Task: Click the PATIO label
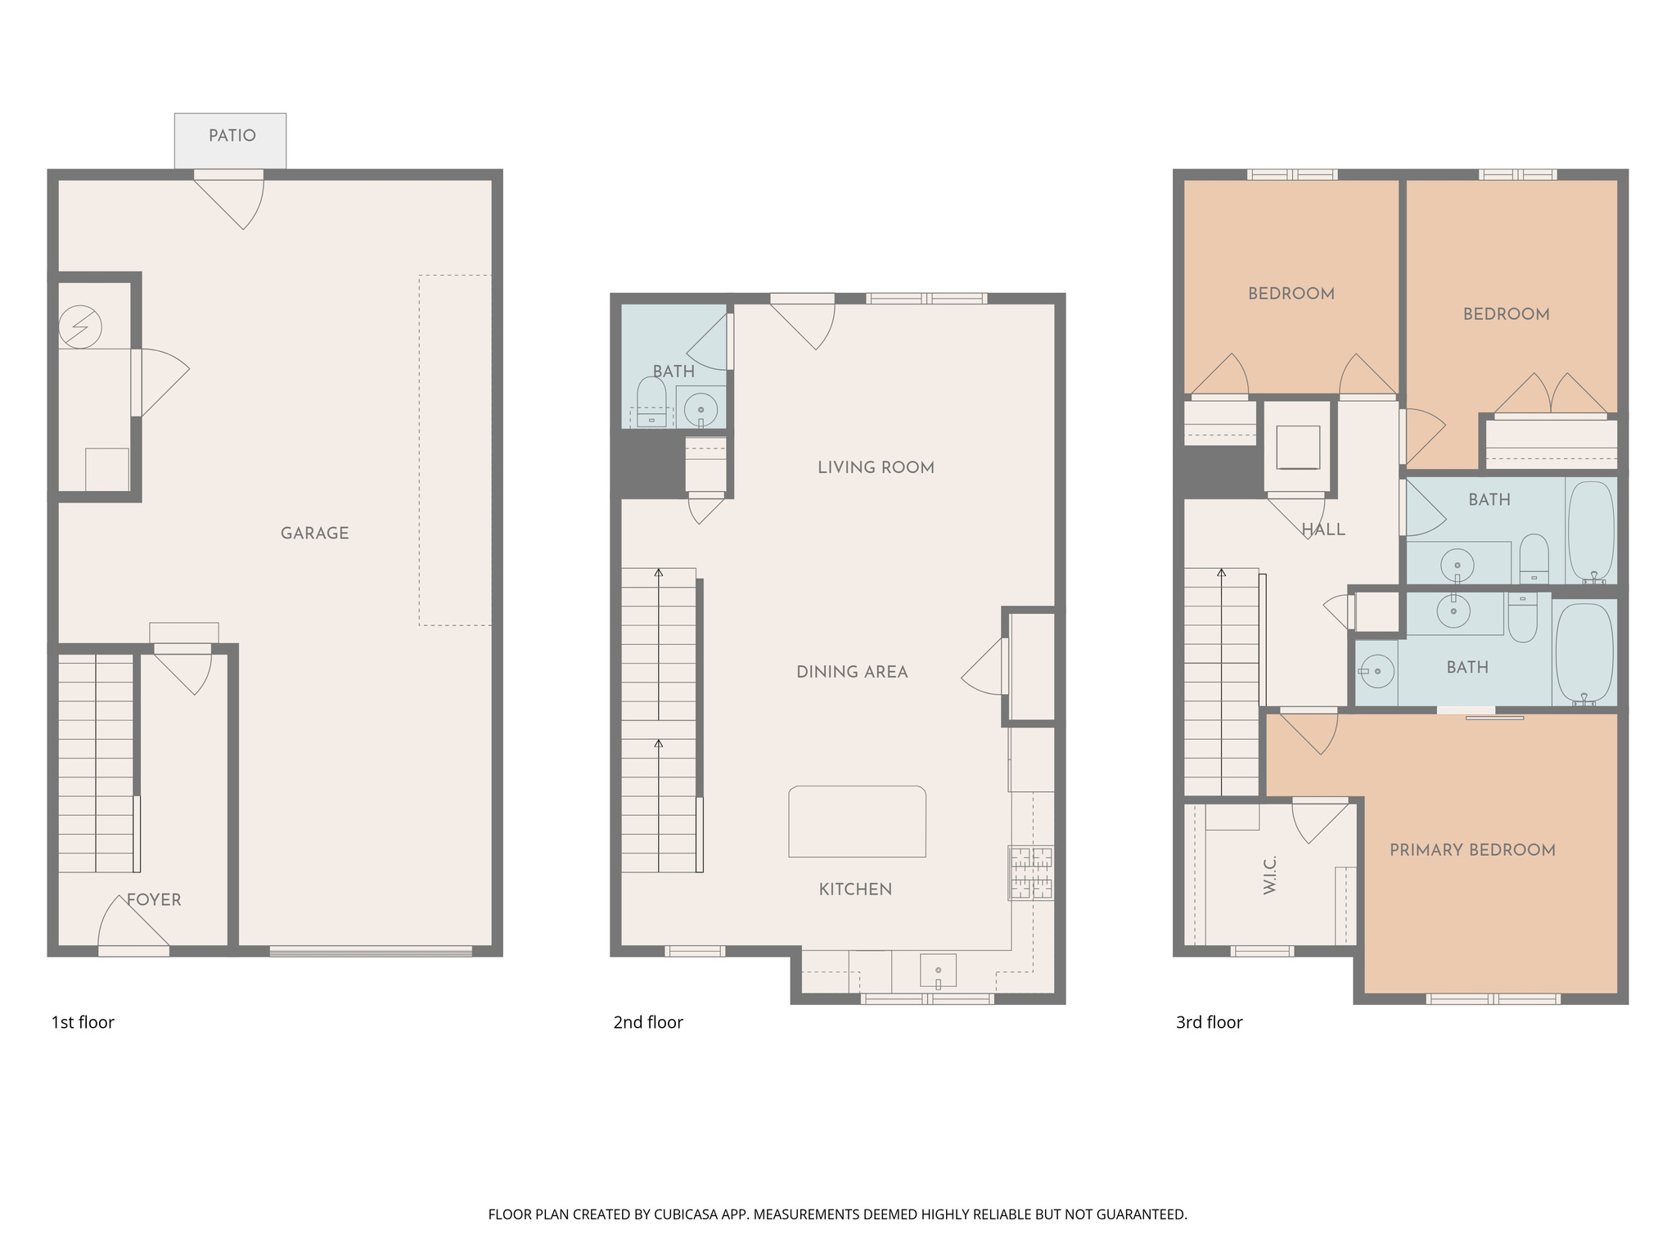232,136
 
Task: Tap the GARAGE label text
314,534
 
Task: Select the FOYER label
154,900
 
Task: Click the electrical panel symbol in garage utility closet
80,327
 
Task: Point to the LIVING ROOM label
876,468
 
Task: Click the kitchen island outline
857,822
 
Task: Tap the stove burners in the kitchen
1030,873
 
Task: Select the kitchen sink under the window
938,971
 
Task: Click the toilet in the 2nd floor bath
651,402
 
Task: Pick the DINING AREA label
852,673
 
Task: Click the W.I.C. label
1270,875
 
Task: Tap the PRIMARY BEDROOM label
1472,850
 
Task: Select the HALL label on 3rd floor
1323,530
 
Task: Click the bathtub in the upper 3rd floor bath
1591,531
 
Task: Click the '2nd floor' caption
648,1023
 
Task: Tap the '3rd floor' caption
1209,1023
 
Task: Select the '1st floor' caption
83,1023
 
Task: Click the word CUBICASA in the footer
685,1214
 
